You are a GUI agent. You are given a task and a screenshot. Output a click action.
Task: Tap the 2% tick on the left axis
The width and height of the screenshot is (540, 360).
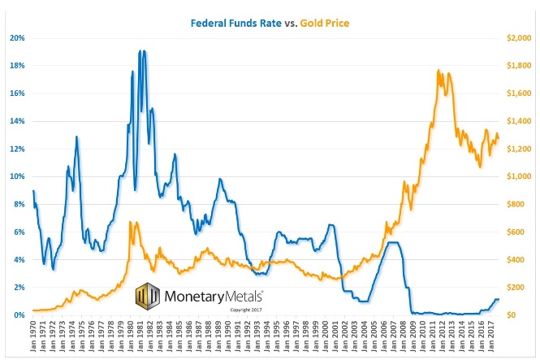tap(18, 288)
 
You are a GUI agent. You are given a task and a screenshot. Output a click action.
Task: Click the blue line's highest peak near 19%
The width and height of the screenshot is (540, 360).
tap(141, 52)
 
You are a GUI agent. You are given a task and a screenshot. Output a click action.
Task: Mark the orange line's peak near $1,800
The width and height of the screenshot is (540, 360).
tap(438, 71)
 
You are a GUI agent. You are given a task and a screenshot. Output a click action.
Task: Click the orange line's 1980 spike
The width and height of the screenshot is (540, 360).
tap(131, 221)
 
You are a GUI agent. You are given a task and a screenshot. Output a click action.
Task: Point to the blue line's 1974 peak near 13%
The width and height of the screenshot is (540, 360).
tap(76, 137)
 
